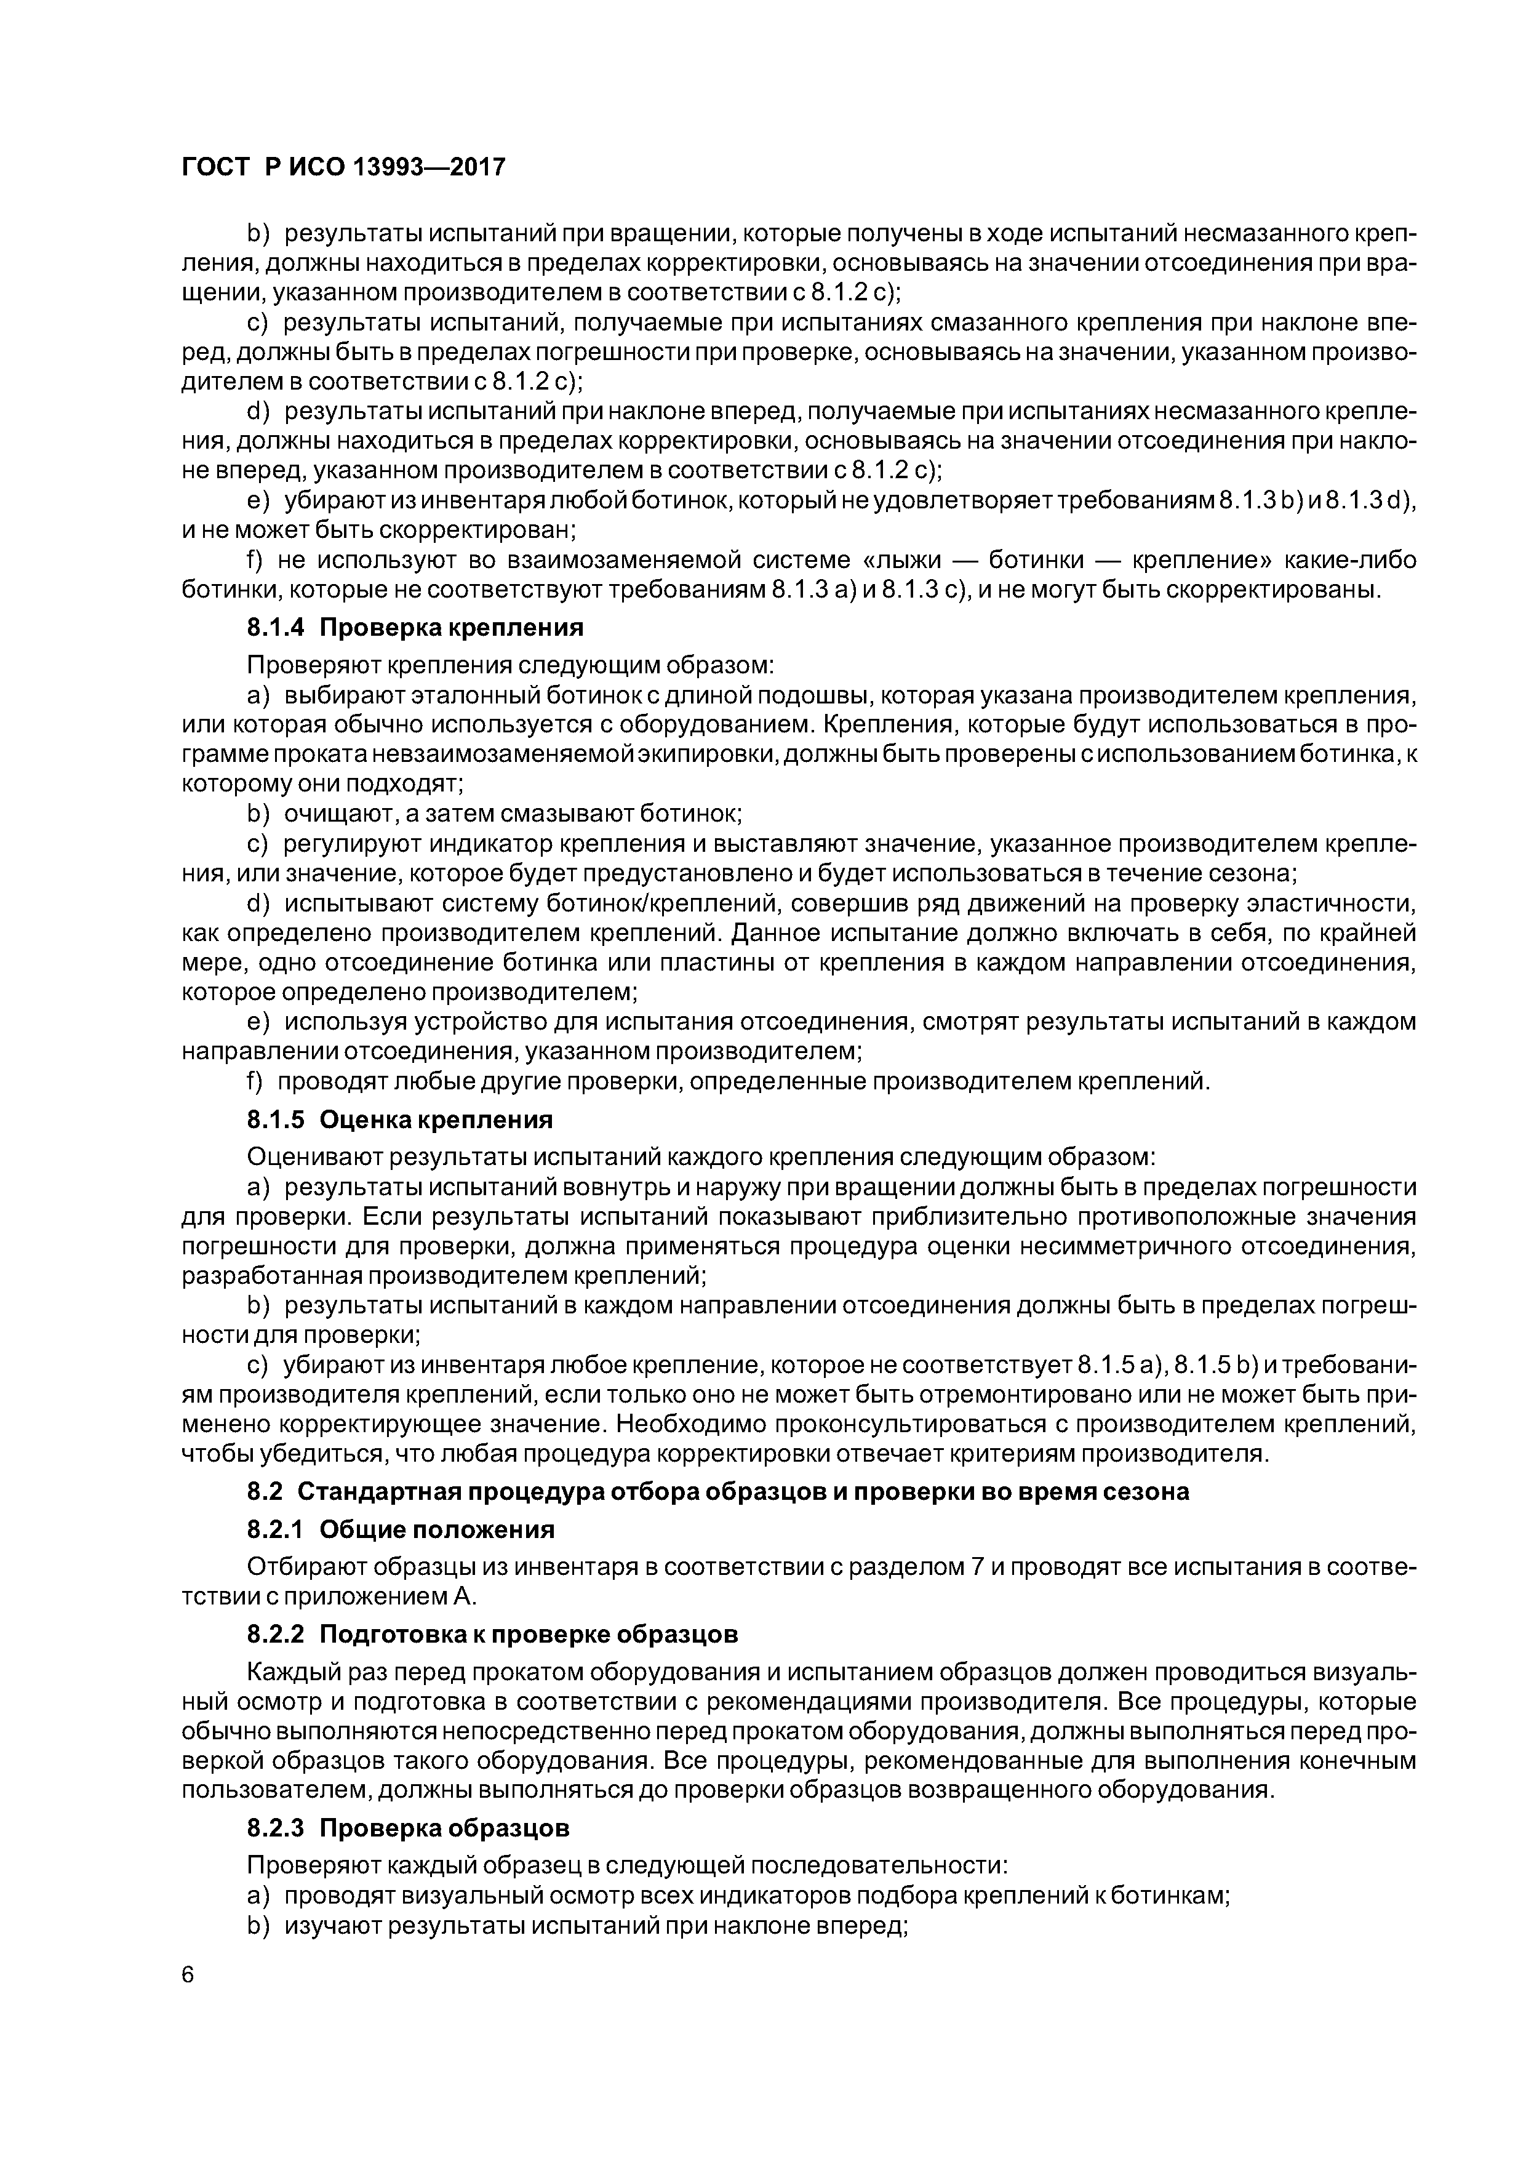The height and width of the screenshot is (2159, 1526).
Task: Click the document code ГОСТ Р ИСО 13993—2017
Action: (x=343, y=167)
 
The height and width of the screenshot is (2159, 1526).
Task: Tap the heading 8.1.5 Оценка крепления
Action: (x=399, y=1119)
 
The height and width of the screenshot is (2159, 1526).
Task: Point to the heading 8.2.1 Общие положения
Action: (x=401, y=1529)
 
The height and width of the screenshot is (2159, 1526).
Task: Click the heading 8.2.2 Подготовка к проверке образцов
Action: (x=492, y=1633)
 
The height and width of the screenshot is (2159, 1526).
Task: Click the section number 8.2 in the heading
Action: (x=267, y=1491)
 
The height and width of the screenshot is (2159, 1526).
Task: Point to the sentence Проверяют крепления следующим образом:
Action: (x=509, y=665)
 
